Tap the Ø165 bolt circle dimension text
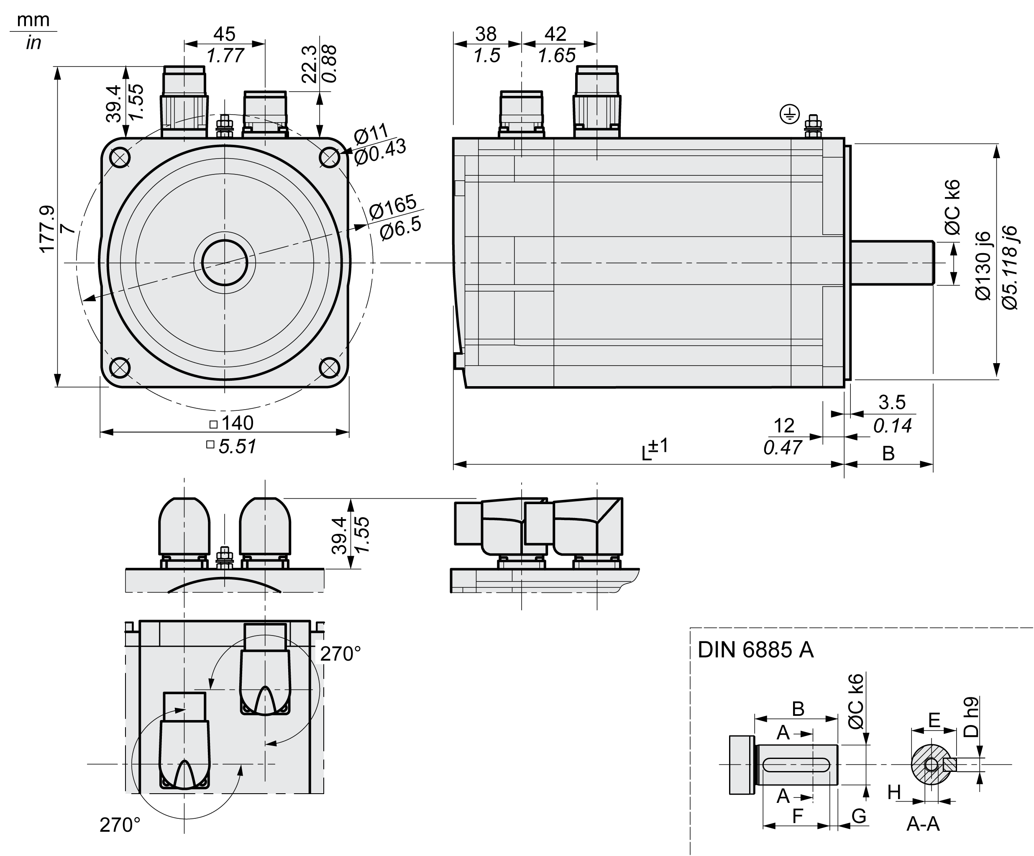(x=392, y=206)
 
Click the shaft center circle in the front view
(x=225, y=262)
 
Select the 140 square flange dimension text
(x=237, y=423)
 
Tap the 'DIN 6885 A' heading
(x=755, y=650)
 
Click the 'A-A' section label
(x=923, y=823)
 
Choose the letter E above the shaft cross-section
(x=934, y=720)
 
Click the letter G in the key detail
(x=859, y=816)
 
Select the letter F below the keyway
(x=798, y=816)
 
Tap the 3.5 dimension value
(x=892, y=402)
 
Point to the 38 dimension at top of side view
(x=486, y=34)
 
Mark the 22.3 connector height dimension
(x=309, y=64)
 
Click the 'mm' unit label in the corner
(x=33, y=20)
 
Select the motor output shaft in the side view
(x=892, y=262)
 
